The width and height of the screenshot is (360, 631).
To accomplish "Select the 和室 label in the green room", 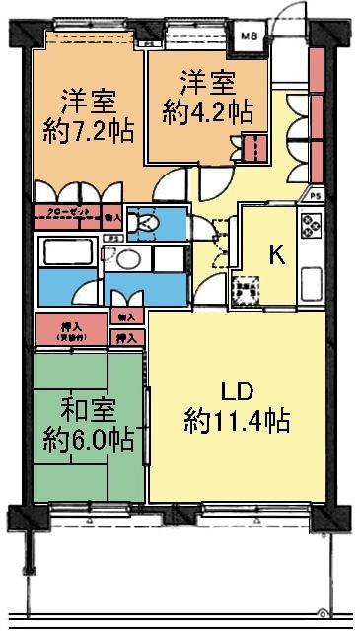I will [88, 406].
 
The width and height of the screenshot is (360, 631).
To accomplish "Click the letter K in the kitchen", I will [279, 255].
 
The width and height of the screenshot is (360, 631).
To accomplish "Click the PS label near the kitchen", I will [316, 195].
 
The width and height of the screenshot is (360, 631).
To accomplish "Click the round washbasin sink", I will [126, 261].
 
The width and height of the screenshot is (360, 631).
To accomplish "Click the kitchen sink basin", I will [311, 285].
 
